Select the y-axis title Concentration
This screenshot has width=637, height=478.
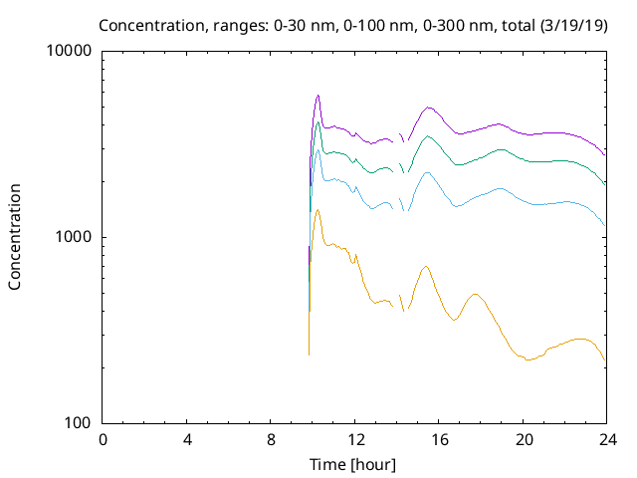click(15, 236)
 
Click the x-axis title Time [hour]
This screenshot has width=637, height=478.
click(354, 464)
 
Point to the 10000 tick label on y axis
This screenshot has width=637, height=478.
click(70, 52)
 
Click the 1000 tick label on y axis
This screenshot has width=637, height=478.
click(74, 237)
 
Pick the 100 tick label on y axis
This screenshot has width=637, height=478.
click(78, 422)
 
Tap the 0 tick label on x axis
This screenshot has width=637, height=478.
click(103, 440)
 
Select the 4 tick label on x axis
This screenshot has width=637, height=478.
click(187, 440)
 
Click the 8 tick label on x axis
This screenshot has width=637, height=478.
click(271, 440)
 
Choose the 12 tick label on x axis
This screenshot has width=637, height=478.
click(355, 440)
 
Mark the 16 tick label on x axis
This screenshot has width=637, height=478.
click(439, 440)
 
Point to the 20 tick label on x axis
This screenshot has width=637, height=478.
click(524, 440)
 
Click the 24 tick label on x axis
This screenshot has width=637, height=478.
click(607, 440)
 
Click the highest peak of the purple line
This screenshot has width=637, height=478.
click(318, 96)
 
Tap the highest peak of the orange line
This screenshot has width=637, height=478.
click(318, 209)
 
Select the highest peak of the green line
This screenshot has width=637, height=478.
click(318, 122)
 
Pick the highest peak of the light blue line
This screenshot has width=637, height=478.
click(318, 149)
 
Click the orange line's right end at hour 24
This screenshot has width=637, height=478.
click(605, 361)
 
